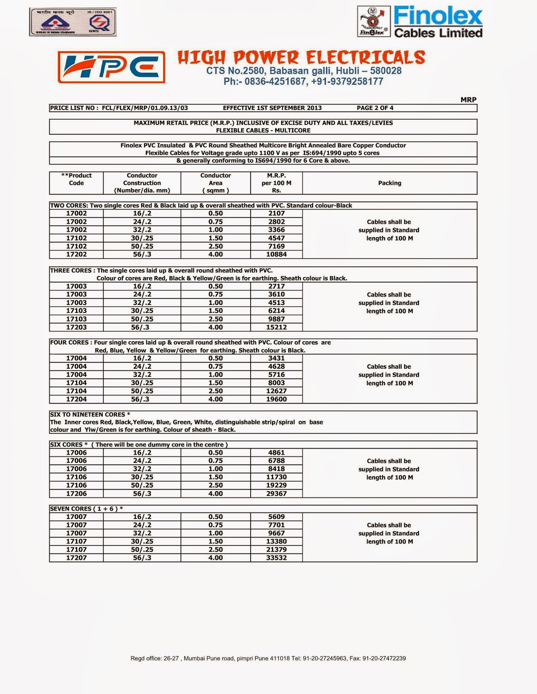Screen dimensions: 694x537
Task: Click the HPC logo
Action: pos(111,67)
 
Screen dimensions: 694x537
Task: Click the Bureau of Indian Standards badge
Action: pos(72,22)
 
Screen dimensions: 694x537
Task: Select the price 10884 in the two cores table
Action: pos(276,254)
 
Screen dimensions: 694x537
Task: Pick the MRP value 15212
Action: pos(276,327)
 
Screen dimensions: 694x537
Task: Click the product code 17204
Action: pos(76,399)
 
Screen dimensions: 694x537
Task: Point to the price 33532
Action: pos(276,558)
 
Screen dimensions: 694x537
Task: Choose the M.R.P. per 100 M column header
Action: pos(276,183)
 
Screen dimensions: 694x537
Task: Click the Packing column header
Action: pos(389,183)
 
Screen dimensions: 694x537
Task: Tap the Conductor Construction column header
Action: pos(142,183)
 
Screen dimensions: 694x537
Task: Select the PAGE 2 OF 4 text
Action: pos(375,108)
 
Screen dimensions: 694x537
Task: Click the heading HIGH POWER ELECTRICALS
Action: pos(301,58)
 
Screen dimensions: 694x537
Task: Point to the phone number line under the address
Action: pos(303,82)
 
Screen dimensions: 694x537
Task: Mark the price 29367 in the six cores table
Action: pos(276,494)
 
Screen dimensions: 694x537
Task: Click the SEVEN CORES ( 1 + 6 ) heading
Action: pos(86,509)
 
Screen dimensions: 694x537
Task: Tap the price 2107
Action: pos(276,213)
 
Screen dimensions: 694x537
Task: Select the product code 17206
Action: pos(76,494)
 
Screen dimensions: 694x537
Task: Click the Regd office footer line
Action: pos(268,658)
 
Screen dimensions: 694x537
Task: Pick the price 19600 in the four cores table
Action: pos(276,399)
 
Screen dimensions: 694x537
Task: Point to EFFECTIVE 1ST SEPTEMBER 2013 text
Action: pos(272,108)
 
